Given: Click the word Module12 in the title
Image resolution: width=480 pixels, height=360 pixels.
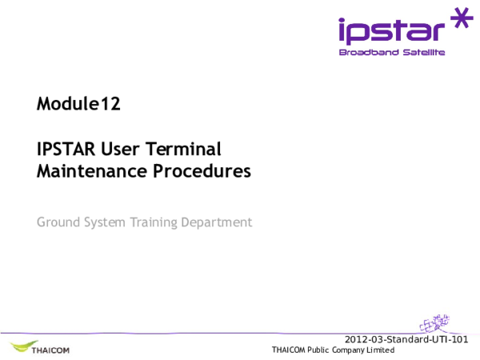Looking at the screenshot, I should click(x=78, y=104).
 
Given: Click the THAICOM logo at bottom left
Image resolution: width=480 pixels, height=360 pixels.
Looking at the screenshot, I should click(x=42, y=349).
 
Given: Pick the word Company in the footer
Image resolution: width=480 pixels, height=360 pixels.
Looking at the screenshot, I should click(x=349, y=350).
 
